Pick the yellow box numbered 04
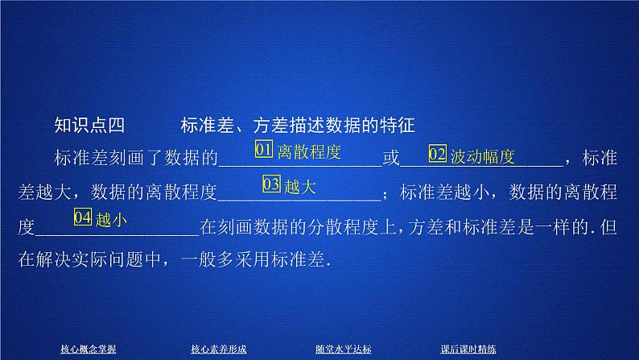[83, 217]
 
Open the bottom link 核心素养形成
[218, 349]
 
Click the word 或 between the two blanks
[390, 158]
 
